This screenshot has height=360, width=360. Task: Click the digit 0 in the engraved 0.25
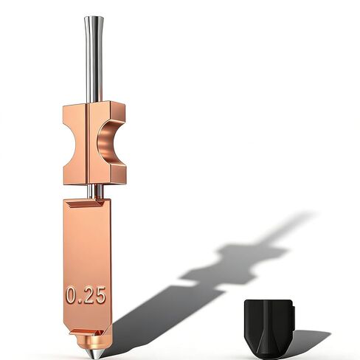click(72, 295)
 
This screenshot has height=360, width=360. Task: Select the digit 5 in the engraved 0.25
click(100, 295)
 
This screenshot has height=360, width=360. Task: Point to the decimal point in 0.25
click(80, 302)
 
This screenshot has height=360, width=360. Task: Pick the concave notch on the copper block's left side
click(69, 142)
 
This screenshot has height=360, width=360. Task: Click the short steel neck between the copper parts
click(95, 191)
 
